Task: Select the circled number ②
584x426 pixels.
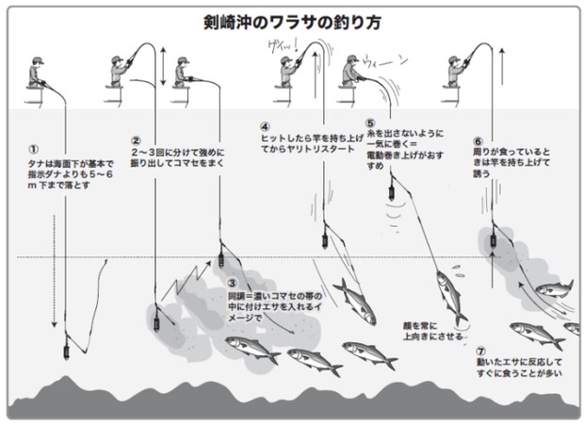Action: click(x=136, y=140)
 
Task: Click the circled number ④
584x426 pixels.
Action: click(x=266, y=124)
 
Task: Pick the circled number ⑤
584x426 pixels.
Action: click(x=370, y=123)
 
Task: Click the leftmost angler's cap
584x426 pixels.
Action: click(x=35, y=59)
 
